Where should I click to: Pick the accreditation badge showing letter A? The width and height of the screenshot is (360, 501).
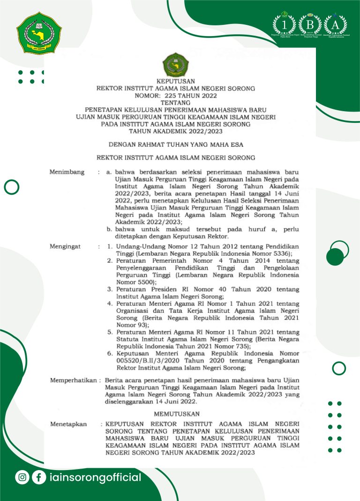335,24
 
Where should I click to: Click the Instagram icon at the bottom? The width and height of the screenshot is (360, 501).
22,478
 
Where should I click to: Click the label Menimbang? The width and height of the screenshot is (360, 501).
67,172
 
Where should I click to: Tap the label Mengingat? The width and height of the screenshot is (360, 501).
65,246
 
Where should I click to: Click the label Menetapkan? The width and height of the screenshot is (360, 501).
68,425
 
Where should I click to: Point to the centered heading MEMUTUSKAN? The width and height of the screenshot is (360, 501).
177,414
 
